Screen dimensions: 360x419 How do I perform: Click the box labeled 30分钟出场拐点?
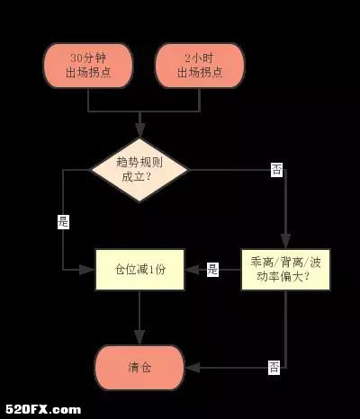coord(88,66)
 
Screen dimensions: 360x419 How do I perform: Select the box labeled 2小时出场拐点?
coord(200,66)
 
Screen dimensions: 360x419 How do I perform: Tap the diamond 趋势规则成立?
coord(139,170)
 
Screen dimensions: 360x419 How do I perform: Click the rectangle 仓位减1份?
coord(139,270)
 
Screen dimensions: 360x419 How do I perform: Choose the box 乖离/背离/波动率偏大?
coord(285,270)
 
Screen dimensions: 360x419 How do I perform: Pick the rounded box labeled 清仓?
coord(139,368)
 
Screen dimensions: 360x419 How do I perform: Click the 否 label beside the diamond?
coord(277,170)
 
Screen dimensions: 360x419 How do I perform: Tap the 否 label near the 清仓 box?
coord(274,368)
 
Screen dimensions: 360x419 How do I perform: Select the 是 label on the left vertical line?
coord(63,222)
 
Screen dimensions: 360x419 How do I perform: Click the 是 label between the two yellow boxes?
coord(212,270)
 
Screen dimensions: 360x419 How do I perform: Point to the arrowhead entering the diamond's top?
coord(139,130)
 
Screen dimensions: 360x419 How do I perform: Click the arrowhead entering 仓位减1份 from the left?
coord(87,270)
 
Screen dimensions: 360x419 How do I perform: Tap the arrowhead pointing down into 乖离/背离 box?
coord(285,241)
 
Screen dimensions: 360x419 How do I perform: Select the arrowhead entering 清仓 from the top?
coord(139,338)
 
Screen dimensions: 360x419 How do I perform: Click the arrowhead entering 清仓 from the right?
coord(193,368)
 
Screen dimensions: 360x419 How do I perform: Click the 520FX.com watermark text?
coord(43,409)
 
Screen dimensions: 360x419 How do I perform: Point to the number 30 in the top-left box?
coord(76,58)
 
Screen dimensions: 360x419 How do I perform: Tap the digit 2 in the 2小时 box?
coord(187,58)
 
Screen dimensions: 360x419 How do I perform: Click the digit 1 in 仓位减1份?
coord(151,270)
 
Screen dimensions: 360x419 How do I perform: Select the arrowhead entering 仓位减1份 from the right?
coord(193,270)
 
